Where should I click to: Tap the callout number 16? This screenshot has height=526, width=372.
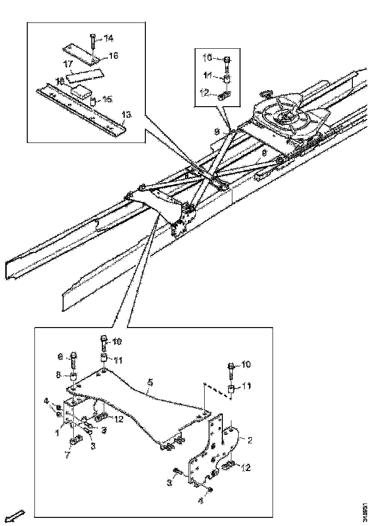[x=113, y=56]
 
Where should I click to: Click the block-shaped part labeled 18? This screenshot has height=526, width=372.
[x=80, y=90]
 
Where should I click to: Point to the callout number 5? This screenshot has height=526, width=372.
[x=150, y=383]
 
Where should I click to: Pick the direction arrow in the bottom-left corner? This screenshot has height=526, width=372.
[x=16, y=515]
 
